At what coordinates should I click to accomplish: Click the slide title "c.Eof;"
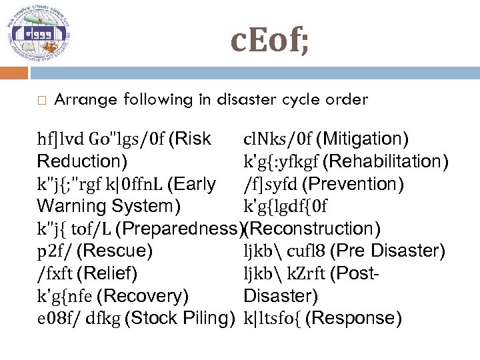269,41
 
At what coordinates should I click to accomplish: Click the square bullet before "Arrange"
41,101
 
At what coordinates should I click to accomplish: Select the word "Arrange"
83,100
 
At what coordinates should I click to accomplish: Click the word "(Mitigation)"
363,139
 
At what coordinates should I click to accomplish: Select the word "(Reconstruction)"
313,229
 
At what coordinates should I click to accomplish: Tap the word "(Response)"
357,319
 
